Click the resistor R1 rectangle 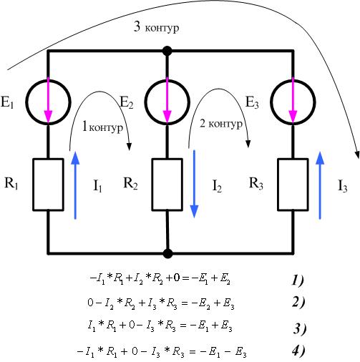[33, 185]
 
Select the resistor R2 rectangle [152, 185]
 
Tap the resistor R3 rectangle [278, 185]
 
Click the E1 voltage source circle [26, 102]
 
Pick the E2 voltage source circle [145, 102]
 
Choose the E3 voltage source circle [271, 102]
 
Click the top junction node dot [167, 51]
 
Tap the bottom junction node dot [167, 253]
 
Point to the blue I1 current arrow [75, 185]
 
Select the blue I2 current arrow [194, 184]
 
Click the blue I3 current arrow [320, 185]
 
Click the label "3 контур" [156, 27]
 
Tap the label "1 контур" [102, 127]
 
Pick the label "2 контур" [221, 124]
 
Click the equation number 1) [298, 280]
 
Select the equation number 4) [298, 351]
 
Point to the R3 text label [256, 184]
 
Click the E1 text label [7, 102]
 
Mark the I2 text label [217, 186]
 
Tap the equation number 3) [299, 329]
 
